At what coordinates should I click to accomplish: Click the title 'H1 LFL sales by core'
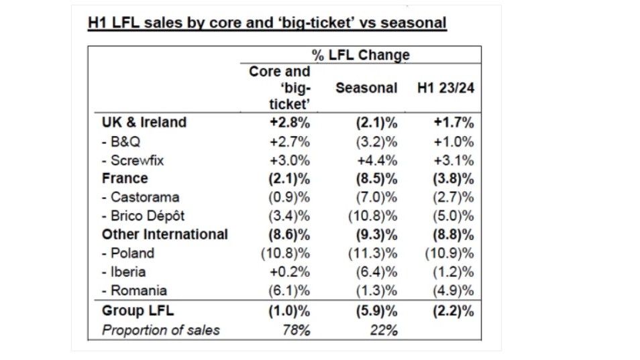click(267, 23)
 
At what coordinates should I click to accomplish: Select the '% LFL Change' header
click(361, 55)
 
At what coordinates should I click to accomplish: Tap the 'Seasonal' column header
click(366, 88)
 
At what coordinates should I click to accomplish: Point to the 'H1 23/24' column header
click(445, 88)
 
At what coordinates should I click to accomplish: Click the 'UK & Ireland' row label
click(144, 123)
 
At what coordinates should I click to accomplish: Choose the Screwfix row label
click(133, 160)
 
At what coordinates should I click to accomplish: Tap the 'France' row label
click(125, 178)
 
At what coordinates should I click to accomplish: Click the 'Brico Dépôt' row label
click(143, 216)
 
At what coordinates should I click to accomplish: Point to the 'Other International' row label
click(165, 235)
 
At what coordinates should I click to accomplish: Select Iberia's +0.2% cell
click(290, 272)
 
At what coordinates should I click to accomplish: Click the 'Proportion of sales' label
click(161, 330)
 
